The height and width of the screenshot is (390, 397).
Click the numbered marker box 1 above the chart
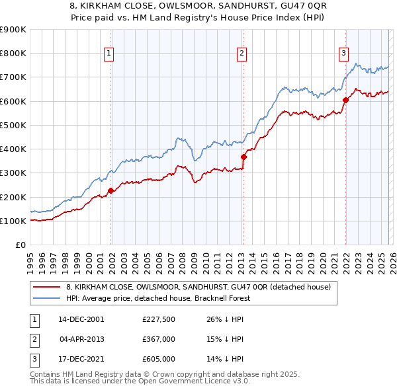coord(108,54)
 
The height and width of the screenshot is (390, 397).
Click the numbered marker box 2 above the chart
coord(242,54)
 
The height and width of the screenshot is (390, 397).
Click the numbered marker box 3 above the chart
coord(344,54)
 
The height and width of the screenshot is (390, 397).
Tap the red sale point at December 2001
coord(110,190)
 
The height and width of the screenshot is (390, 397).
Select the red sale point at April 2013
coord(243,157)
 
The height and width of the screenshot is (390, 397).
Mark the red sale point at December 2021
coord(345,100)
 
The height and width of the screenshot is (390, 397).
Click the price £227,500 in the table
coord(158,319)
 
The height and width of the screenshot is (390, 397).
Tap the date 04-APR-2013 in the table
coord(82,339)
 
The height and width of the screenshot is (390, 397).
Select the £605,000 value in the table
coord(158,359)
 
